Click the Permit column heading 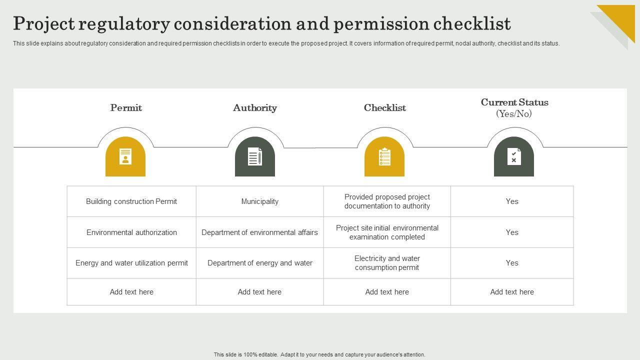(126, 108)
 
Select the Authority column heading (255, 108)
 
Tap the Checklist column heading (385, 108)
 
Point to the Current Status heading (514, 102)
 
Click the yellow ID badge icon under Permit (125, 157)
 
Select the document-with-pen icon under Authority (255, 157)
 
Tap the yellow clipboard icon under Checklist (384, 157)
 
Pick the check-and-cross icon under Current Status (514, 157)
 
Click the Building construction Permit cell (131, 201)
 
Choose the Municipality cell (260, 201)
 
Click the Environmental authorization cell (131, 232)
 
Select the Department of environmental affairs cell (260, 232)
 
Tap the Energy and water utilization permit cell (131, 263)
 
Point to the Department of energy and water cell (260, 263)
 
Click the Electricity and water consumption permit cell (387, 263)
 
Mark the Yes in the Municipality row (512, 201)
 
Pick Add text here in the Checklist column (387, 292)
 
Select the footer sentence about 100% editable (319, 354)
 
